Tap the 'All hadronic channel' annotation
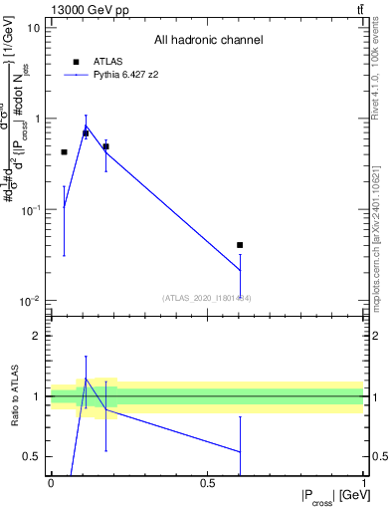tap(208, 41)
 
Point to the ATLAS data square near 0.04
tap(64, 152)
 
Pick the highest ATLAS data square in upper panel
tap(86, 133)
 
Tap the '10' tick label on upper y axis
tap(34, 28)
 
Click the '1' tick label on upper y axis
tap(37, 119)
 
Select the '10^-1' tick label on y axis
tap(32, 209)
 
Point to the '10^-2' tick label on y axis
tap(32, 301)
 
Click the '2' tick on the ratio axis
tap(37, 337)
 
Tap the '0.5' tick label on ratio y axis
tap(33, 456)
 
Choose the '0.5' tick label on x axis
tap(208, 483)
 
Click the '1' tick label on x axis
tap(363, 483)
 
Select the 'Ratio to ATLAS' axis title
tap(14, 397)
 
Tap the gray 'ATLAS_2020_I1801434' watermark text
tap(206, 298)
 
